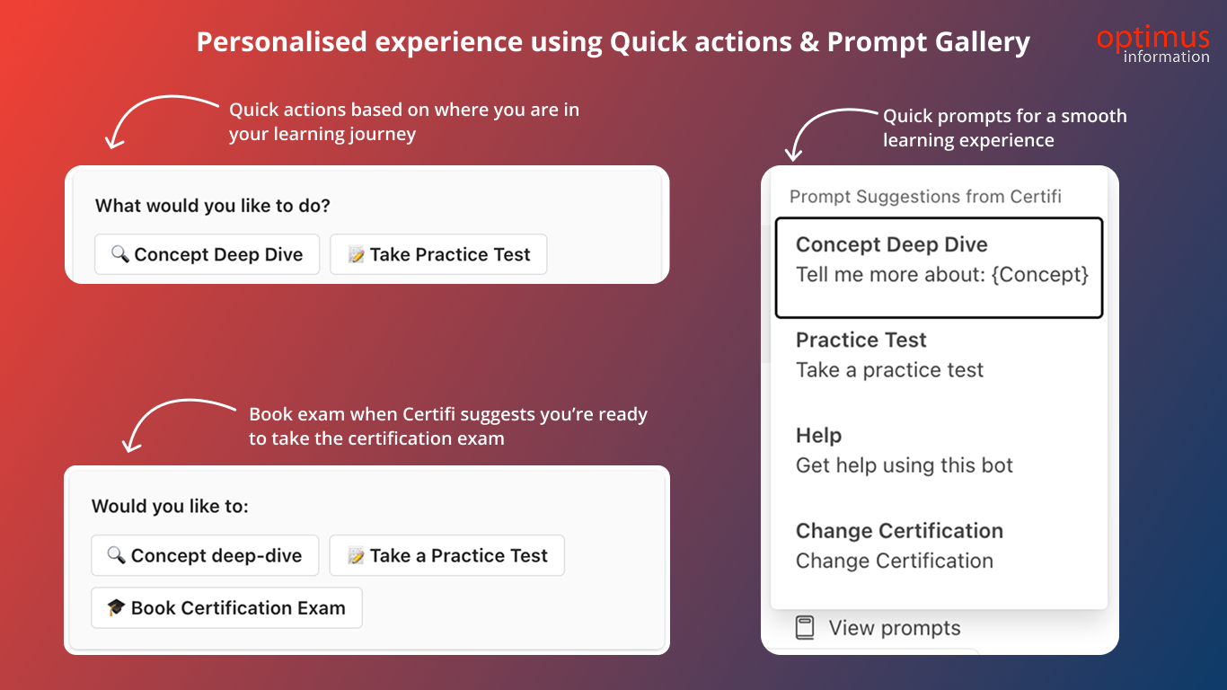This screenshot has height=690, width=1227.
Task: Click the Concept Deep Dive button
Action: [207, 254]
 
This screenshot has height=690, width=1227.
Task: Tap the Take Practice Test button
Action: [438, 254]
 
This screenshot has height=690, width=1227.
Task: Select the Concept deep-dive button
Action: [205, 555]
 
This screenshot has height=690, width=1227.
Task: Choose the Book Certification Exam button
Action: [226, 607]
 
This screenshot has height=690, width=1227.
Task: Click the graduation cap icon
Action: [116, 607]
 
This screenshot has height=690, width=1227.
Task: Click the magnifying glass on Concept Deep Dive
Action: [120, 253]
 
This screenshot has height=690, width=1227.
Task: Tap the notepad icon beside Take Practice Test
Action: [356, 254]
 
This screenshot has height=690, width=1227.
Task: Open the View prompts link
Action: [894, 627]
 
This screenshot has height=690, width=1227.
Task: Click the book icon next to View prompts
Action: [805, 627]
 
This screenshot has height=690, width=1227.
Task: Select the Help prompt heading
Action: [818, 435]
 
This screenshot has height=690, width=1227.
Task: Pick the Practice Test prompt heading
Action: [861, 340]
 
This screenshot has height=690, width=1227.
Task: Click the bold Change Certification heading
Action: [899, 530]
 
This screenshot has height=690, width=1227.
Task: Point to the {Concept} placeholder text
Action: [1039, 275]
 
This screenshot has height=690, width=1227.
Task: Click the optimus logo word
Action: [1153, 37]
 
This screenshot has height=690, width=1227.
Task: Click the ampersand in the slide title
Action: [809, 41]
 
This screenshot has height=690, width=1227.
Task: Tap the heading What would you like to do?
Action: [213, 206]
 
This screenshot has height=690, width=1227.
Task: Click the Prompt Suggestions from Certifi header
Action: [925, 196]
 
